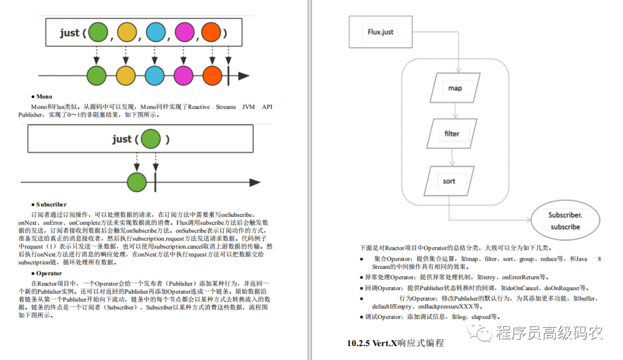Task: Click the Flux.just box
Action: click(x=381, y=32)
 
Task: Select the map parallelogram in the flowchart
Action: click(x=455, y=88)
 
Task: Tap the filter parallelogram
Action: click(x=452, y=133)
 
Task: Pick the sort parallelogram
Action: click(x=449, y=181)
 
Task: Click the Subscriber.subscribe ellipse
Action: click(x=565, y=220)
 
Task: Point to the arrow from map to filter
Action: click(x=455, y=111)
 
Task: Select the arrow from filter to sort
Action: click(x=452, y=157)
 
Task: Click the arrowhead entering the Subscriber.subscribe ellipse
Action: click(x=528, y=220)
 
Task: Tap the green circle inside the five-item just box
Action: click(x=98, y=32)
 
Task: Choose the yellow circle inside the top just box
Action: click(x=127, y=32)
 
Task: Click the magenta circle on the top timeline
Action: click(x=183, y=76)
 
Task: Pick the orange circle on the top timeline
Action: click(x=212, y=76)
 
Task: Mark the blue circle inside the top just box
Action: click(x=156, y=32)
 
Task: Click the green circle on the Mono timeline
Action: click(x=137, y=182)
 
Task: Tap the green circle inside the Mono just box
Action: click(x=151, y=139)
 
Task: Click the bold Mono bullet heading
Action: click(x=42, y=96)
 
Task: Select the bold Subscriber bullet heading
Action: click(x=49, y=205)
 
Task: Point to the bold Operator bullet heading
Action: click(x=47, y=273)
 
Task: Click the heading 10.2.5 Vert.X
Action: click(x=395, y=343)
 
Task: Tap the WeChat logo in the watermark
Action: click(x=480, y=332)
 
